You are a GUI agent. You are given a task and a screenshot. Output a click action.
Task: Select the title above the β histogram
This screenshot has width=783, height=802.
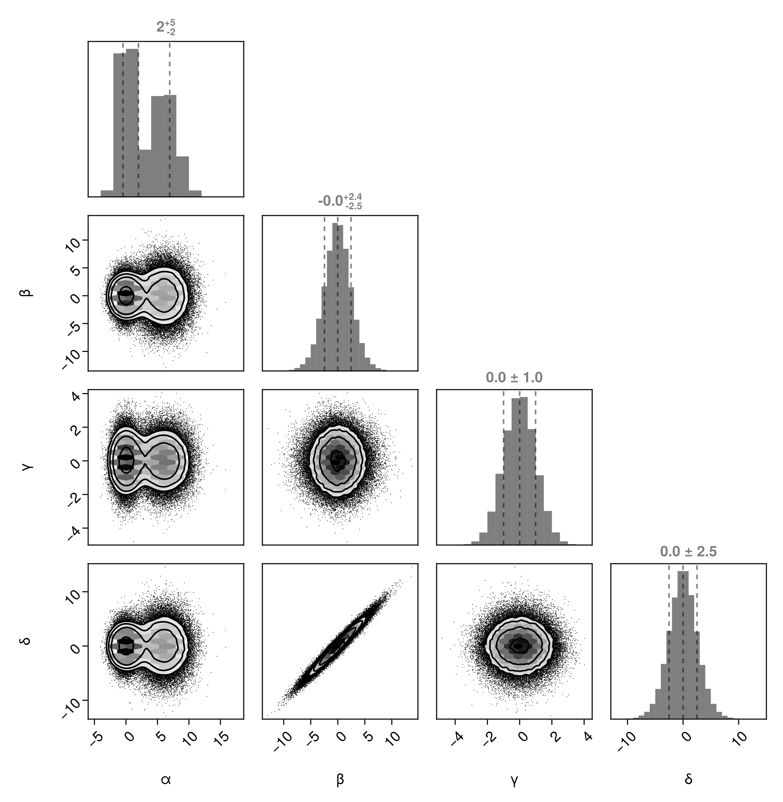coord(340,201)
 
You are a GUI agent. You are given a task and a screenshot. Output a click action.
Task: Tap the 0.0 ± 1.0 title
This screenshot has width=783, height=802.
coord(514,377)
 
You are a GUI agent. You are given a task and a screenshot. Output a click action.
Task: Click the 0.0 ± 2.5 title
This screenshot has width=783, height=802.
coord(688,551)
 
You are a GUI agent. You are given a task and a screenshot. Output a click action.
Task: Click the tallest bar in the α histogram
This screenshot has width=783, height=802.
coord(132,123)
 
